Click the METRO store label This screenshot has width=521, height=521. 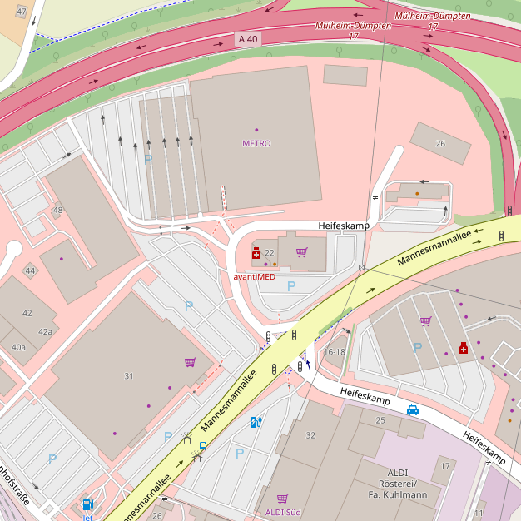point(256,143)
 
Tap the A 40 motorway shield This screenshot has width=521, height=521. point(247,39)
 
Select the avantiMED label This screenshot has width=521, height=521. point(254,276)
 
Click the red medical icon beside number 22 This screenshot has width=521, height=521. point(256,253)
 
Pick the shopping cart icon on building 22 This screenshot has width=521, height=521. point(301,252)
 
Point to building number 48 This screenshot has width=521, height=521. point(57,210)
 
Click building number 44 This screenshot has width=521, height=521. point(30,271)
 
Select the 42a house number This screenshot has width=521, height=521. point(45,331)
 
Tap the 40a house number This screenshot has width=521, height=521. point(18,347)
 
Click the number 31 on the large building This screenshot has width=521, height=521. point(129,376)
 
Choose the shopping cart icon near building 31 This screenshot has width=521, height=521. point(190,362)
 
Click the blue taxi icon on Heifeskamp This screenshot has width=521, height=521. point(413,409)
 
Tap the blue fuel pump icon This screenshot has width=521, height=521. point(87,504)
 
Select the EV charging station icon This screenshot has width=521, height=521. point(256,422)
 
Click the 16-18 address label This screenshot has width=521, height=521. point(335,352)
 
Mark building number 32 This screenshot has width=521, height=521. point(310,435)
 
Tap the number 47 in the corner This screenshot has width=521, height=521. point(21,12)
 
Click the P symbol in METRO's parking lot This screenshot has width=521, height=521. point(148,159)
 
